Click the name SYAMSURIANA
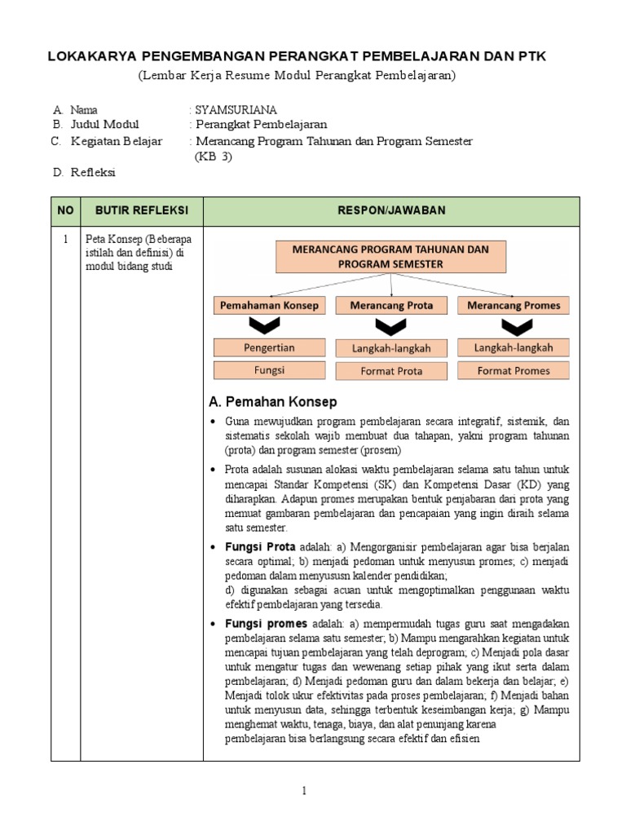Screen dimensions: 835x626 236,108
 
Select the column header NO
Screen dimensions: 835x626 65,210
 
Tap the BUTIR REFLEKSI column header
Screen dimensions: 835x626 142,210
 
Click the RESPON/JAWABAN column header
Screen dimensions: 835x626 391,210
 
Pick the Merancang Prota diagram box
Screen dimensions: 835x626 391,306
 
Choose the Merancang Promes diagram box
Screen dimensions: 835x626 514,306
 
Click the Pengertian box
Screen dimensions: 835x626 270,347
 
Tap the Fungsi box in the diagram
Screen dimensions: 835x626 270,370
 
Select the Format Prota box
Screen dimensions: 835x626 391,371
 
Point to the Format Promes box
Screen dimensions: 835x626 514,371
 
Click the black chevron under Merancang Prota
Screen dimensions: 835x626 391,327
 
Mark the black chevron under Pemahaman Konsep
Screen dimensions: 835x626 270,327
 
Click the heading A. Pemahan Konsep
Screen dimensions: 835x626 273,402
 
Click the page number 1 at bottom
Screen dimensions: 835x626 304,790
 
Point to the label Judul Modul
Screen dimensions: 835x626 104,125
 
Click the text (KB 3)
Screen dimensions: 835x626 214,157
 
